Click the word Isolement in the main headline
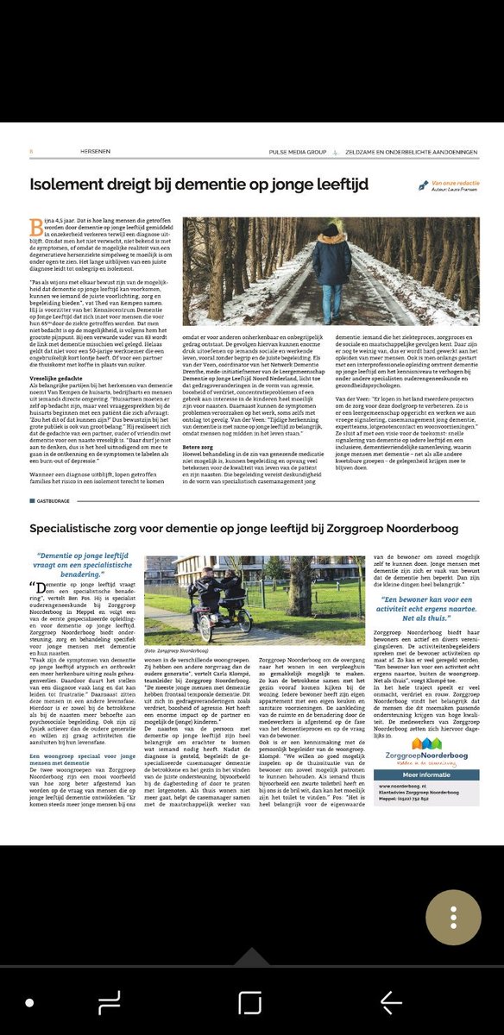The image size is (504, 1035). coord(70,184)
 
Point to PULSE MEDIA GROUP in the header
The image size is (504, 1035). coord(296,154)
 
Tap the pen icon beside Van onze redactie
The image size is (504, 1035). coord(422,185)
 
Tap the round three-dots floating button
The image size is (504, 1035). coord(453,906)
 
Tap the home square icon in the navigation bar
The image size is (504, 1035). coord(250,1002)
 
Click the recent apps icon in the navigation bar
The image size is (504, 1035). coord(110,1002)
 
